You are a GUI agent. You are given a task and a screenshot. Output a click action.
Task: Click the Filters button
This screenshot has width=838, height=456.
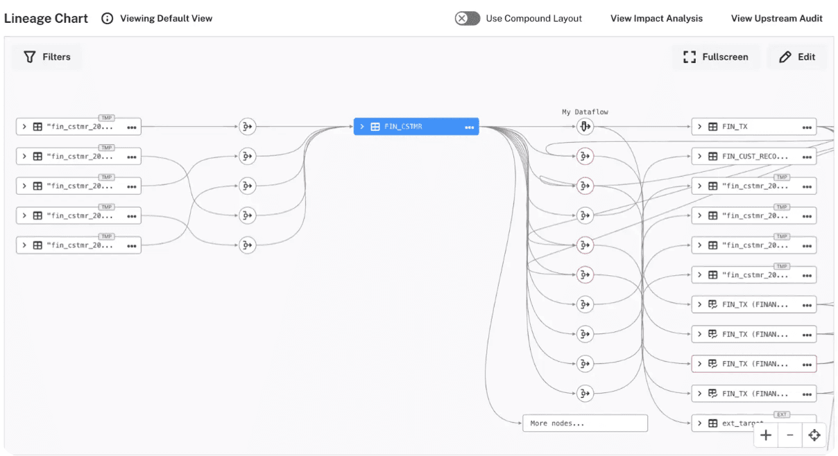(x=47, y=57)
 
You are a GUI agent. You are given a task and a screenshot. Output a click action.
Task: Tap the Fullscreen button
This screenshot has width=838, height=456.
(x=716, y=57)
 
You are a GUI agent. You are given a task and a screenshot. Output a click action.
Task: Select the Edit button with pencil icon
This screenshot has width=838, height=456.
(x=797, y=57)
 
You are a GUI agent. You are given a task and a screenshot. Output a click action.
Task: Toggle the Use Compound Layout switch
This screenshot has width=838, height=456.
(x=468, y=19)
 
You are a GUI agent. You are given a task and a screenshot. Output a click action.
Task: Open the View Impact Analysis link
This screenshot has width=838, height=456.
(x=656, y=19)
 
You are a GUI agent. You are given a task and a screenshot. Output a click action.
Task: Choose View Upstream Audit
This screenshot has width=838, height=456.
(x=776, y=19)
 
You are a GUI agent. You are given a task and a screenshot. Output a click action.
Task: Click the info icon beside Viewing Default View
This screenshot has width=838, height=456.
(x=107, y=19)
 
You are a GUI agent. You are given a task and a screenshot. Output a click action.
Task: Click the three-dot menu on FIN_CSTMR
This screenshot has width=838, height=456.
(x=470, y=127)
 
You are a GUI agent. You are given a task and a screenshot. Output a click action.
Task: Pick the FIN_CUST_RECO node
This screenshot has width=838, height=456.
(x=754, y=157)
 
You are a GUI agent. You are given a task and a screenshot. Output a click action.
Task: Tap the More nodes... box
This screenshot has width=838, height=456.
(x=584, y=423)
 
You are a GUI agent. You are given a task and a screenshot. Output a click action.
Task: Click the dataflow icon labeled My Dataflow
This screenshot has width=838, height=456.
(x=585, y=127)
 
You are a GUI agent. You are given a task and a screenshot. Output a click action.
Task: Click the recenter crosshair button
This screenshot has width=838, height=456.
(x=814, y=435)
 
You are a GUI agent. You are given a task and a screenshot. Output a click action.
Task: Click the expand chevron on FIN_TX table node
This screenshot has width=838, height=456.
(x=700, y=127)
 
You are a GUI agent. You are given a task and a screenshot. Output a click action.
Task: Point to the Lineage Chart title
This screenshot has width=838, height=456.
(x=46, y=19)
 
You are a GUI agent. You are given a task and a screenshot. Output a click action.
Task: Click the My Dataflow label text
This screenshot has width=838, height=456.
(x=585, y=112)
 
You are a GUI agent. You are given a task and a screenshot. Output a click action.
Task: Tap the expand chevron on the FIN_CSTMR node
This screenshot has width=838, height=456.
(x=362, y=127)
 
